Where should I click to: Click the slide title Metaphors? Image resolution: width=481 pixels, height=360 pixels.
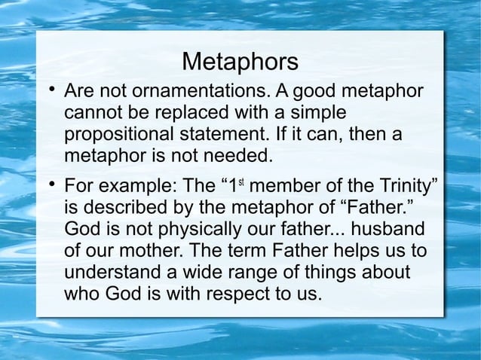click(x=240, y=60)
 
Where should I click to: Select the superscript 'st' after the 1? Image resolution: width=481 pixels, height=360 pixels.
click(x=243, y=182)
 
